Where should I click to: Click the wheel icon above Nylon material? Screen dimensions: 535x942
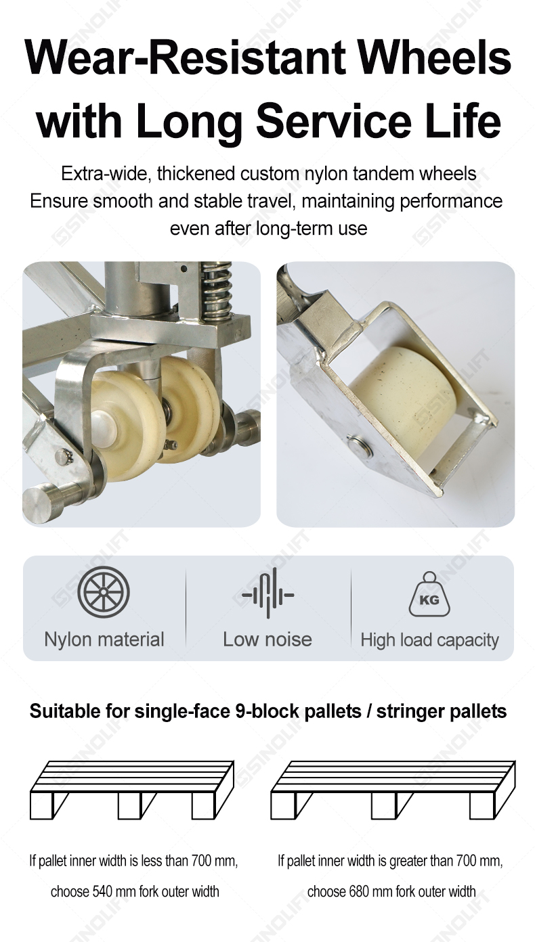(x=104, y=592)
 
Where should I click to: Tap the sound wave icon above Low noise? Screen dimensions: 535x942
(x=267, y=593)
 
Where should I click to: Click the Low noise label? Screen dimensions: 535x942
(x=267, y=640)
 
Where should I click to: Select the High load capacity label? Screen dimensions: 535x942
(x=429, y=640)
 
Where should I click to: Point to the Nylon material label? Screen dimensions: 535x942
(x=104, y=640)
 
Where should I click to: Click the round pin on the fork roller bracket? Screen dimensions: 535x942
(x=360, y=446)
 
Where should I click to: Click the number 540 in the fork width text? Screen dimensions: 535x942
(x=102, y=891)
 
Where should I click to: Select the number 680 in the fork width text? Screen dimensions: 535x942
(x=359, y=891)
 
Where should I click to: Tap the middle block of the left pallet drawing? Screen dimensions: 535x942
(x=129, y=805)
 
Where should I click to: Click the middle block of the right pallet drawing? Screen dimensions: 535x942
(x=383, y=805)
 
